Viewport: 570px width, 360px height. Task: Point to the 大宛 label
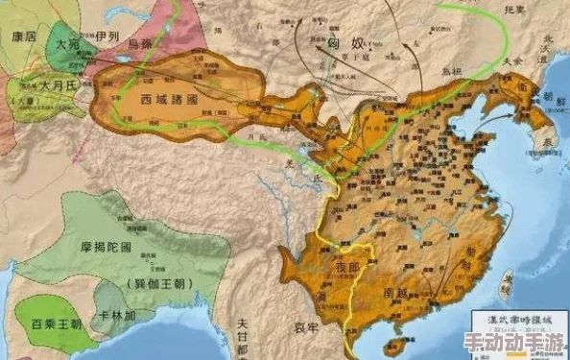coord(67,45)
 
